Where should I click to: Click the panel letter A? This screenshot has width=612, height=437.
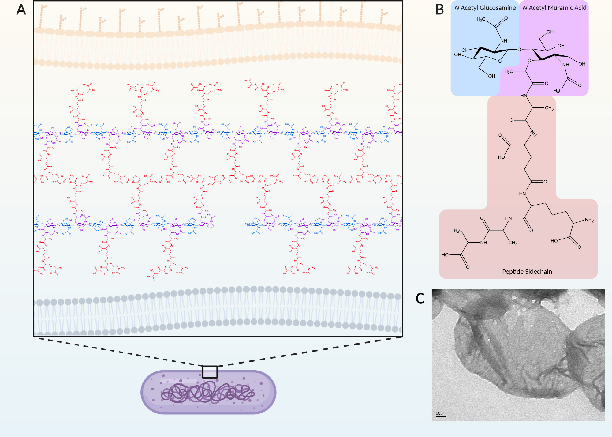[x=21, y=9]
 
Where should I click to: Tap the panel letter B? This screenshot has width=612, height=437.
[x=439, y=9]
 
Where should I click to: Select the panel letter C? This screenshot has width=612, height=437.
[x=420, y=298]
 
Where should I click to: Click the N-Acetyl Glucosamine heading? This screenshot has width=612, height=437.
[x=485, y=8]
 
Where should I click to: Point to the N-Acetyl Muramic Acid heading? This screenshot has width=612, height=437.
[x=554, y=8]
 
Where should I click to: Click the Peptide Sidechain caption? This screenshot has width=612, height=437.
[x=527, y=272]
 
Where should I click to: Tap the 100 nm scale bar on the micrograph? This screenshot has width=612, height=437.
[x=441, y=416]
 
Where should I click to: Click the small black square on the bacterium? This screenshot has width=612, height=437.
[x=210, y=372]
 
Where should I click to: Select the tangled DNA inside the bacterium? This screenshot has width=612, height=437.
[x=208, y=393]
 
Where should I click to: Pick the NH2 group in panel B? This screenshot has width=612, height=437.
[x=589, y=220]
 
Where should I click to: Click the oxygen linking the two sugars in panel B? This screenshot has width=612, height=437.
[x=519, y=49]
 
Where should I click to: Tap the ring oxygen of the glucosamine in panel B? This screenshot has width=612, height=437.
[x=500, y=61]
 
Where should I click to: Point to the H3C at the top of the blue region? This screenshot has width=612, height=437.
[x=481, y=20]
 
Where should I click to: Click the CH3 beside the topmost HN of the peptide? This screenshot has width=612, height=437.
[x=549, y=108]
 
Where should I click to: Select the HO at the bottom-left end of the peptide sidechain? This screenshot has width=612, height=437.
[x=445, y=255]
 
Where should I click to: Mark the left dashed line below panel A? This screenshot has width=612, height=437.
[x=119, y=352]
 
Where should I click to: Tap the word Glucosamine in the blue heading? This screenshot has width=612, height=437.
[x=498, y=8]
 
